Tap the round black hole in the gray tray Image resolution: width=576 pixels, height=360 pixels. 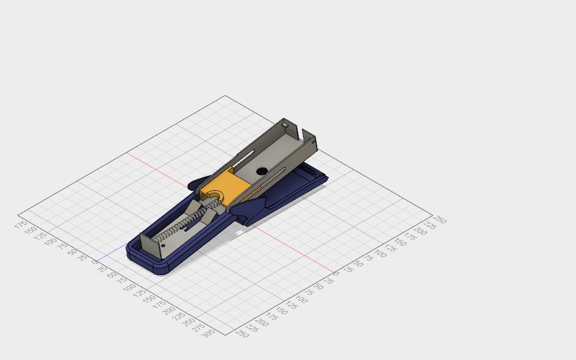tap(262, 171)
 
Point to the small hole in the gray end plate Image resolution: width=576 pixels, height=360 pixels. tap(163, 245)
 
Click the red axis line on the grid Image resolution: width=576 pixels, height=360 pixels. tap(287, 245)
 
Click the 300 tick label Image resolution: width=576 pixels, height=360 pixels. tap(208, 334)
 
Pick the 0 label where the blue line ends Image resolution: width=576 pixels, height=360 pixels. tap(93, 261)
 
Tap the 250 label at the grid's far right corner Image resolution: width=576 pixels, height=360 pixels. tap(440, 219)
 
